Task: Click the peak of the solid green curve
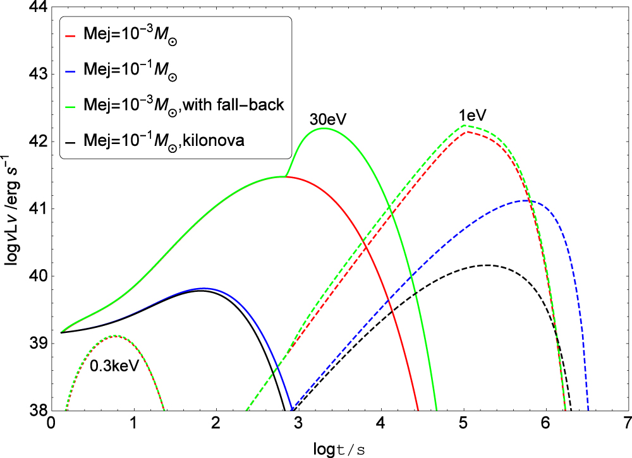[324, 128]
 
